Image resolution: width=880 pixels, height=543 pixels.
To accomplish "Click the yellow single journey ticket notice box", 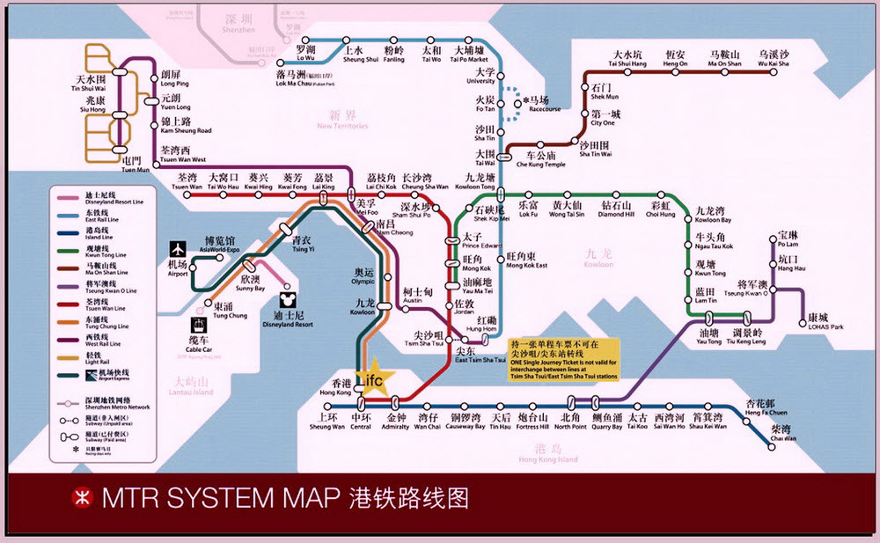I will [x=563, y=356].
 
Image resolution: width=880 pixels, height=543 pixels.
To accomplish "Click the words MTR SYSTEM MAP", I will [x=220, y=498].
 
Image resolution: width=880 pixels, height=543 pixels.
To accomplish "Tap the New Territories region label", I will [x=342, y=121].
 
